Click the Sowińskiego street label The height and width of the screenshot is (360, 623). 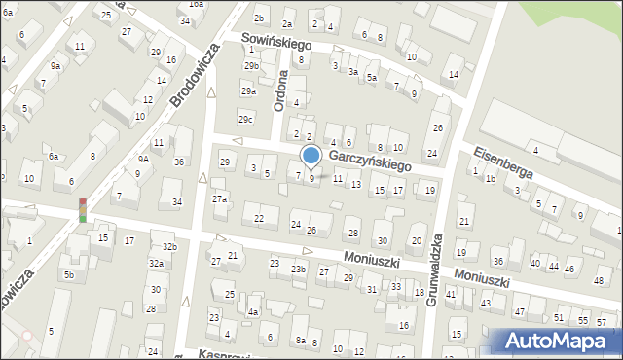coord(275,44)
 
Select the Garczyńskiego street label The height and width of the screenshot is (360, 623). coord(370,161)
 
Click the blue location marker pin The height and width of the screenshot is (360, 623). coord(311,156)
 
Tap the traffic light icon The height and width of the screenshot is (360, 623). coord(83,208)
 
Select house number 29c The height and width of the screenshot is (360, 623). coord(246,119)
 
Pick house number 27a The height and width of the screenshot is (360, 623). coord(220,199)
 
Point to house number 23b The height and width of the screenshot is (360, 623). coord(298,269)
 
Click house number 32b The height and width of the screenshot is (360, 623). coord(169,247)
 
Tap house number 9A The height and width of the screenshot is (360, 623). coord(142,159)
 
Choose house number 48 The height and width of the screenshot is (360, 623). coord(598,280)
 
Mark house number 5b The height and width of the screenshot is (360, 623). coord(69,275)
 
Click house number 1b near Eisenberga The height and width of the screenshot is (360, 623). coord(491,179)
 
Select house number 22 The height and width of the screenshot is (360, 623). coord(258,218)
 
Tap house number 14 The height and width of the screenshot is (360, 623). coord(453,75)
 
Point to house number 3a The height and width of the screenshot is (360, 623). coord(353,71)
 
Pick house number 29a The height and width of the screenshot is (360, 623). coord(247,90)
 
